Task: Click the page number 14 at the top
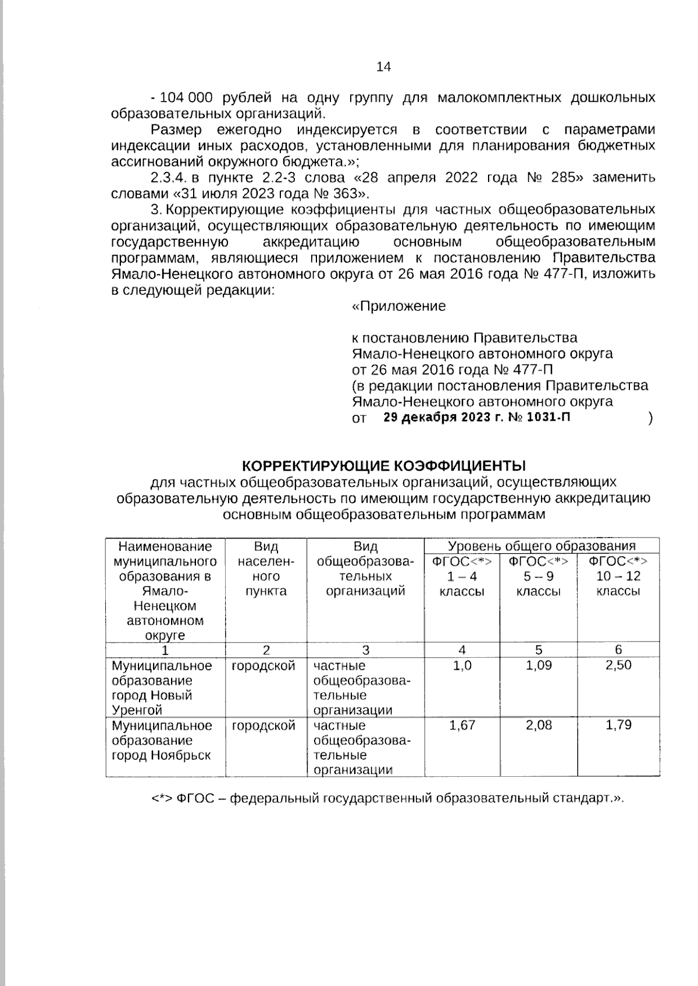384,67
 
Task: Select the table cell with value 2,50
618,665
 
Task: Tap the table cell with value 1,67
462,725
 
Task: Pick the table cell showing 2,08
539,725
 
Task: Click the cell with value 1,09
539,665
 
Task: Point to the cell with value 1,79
618,725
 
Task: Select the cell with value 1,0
462,665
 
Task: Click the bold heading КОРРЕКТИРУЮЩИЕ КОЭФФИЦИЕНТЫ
383,466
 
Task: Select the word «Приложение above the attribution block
400,306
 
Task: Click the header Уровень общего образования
542,546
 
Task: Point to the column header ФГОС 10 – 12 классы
618,576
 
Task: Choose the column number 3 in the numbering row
365,650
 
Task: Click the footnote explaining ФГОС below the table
387,798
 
